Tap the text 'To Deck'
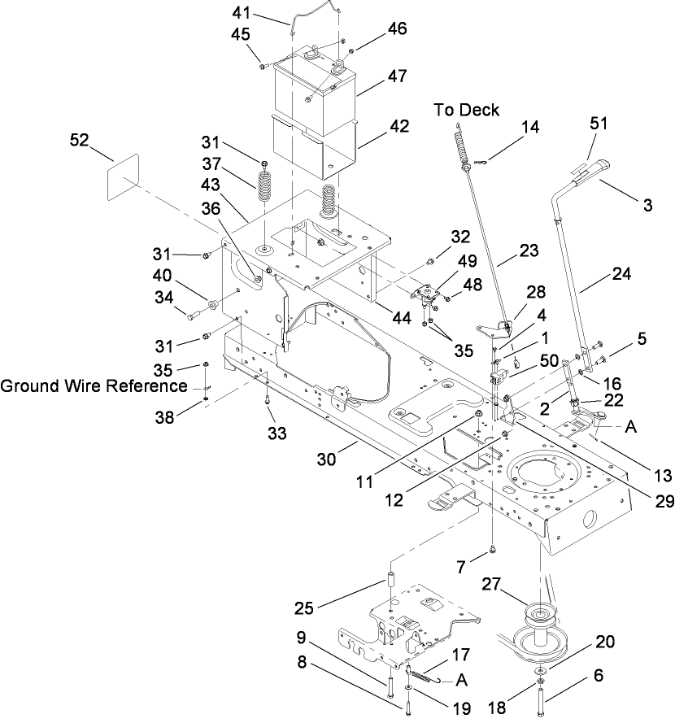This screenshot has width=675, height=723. tap(466, 110)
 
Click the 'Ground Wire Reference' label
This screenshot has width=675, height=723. tap(94, 385)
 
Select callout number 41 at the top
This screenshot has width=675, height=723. tap(265, 14)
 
